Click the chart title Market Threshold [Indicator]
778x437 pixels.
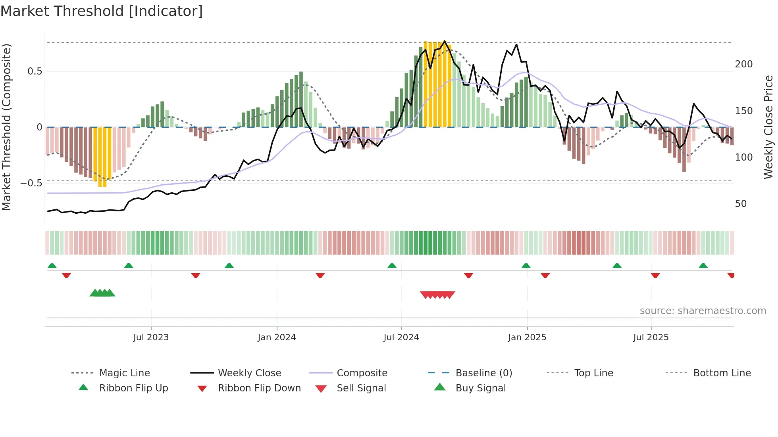click(x=102, y=11)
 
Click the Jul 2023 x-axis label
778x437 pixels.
click(x=151, y=337)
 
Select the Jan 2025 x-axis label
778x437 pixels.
click(x=527, y=337)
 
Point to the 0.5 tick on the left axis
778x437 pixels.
click(x=35, y=71)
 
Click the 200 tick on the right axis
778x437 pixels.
click(x=743, y=64)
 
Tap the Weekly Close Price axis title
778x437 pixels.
click(x=768, y=127)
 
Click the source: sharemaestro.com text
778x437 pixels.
click(x=703, y=311)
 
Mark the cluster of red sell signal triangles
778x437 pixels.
click(x=437, y=295)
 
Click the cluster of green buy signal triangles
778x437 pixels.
click(x=102, y=293)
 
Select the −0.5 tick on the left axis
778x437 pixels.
click(x=31, y=183)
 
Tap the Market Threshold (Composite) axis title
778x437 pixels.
click(x=6, y=127)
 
